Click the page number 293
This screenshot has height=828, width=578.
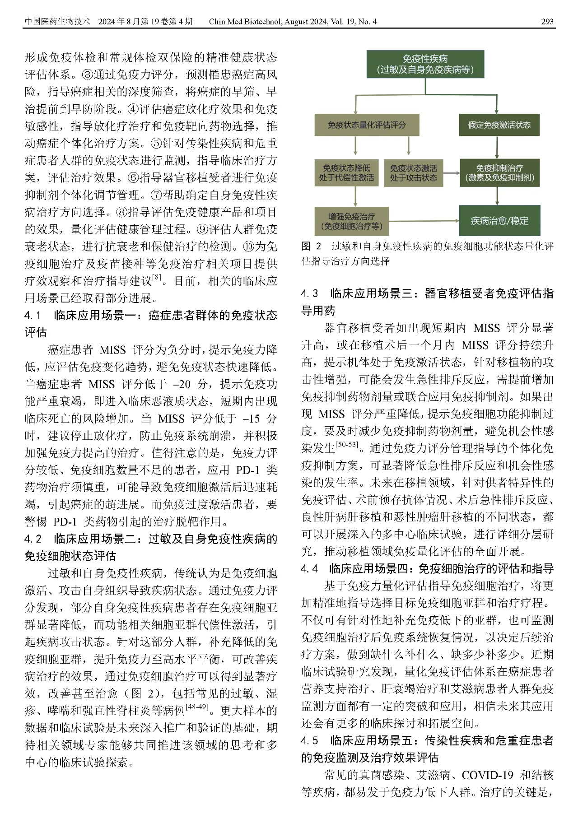[x=547, y=21]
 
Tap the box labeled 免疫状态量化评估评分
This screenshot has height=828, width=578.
[x=367, y=125]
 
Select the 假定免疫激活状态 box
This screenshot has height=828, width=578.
[x=499, y=125]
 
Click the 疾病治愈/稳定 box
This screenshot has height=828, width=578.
[x=499, y=221]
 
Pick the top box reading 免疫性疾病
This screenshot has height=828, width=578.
[x=425, y=64]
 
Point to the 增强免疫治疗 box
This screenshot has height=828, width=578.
[x=351, y=221]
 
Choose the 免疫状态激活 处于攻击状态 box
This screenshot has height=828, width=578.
[x=413, y=172]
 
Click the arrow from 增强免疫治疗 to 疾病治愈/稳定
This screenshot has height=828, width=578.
[x=424, y=221]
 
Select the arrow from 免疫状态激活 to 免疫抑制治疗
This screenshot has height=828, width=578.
[x=451, y=172]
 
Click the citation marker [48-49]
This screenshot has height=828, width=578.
[x=197, y=706]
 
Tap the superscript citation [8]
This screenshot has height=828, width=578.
[x=157, y=277]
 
